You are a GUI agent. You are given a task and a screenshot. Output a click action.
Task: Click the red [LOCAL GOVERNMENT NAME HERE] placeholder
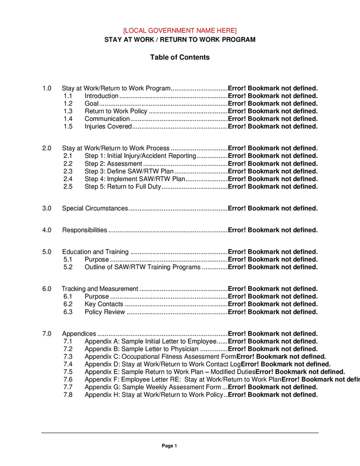coord(180,31)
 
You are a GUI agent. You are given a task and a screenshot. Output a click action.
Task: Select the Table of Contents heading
coord(180,57)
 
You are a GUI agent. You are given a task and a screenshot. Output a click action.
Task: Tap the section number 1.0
coord(47,89)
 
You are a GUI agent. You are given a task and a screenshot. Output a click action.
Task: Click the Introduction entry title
coord(102,96)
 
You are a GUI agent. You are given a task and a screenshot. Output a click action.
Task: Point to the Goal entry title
coord(92,104)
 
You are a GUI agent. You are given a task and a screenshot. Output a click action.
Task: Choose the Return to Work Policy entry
coord(116,111)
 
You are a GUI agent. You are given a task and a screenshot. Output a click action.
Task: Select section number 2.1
coord(68,156)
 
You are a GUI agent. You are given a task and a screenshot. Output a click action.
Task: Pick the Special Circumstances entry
coord(95,209)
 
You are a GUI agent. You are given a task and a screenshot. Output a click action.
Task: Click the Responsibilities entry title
coord(84,230)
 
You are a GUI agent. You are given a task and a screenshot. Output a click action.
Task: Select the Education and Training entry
coord(95,252)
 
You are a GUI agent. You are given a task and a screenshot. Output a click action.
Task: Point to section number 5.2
coord(68,267)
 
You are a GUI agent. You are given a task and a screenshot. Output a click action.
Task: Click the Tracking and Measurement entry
coord(100,289)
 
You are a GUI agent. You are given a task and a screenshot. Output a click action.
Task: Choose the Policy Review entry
coord(105,312)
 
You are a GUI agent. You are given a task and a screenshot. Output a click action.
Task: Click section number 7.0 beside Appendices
coord(47,334)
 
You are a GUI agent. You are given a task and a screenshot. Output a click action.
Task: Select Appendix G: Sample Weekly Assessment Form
coord(153,387)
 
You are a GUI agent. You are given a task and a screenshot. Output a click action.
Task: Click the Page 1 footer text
coord(169,446)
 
